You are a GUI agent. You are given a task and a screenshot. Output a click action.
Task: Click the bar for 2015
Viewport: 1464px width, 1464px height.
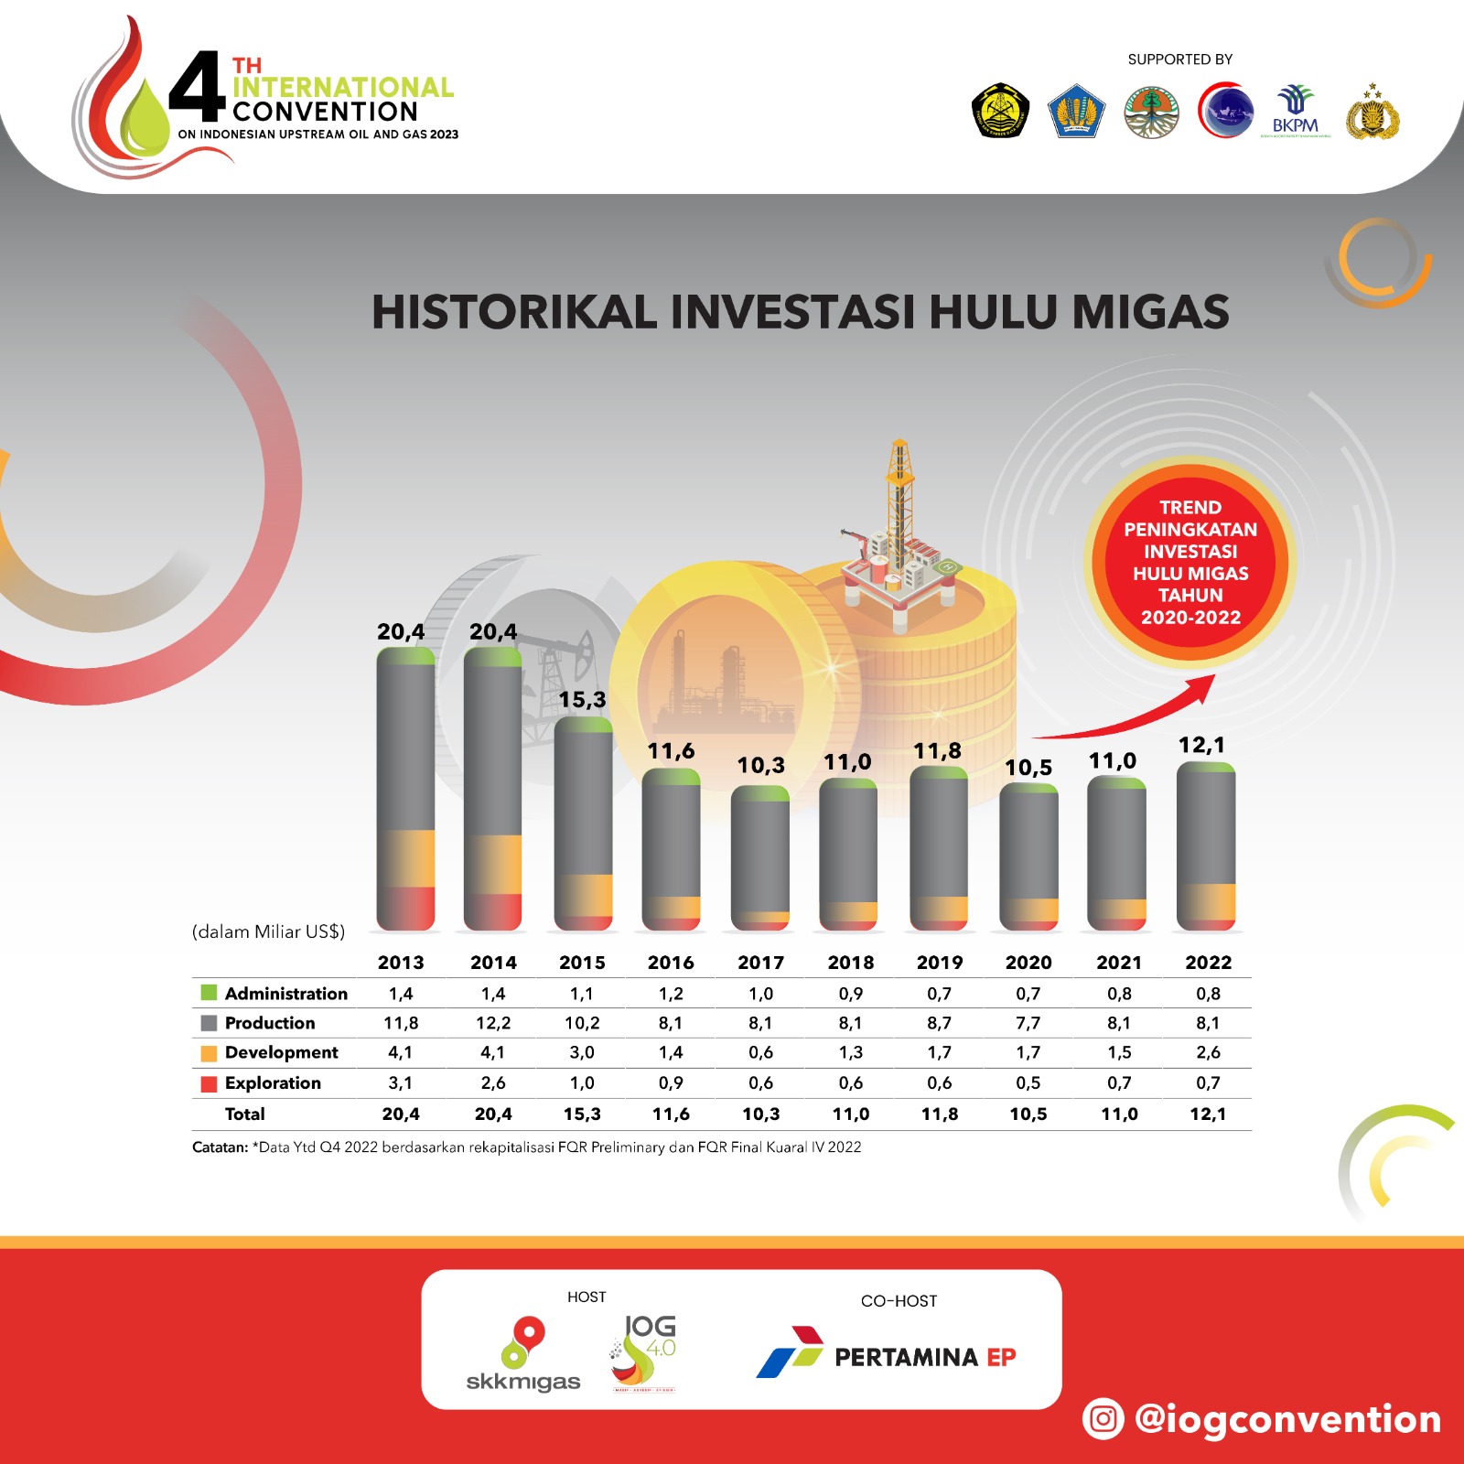coord(583,823)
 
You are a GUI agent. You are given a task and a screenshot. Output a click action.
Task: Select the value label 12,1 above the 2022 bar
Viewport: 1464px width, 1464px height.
coord(1201,745)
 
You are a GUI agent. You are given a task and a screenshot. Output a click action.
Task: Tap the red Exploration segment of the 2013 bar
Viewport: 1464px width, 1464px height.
coord(405,909)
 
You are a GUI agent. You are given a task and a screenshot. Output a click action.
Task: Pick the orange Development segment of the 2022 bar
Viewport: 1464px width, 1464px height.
coord(1206,902)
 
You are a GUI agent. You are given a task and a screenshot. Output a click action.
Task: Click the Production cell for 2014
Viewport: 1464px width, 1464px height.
coord(493,1023)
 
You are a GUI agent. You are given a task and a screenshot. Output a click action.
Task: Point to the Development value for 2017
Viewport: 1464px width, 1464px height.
coord(760,1052)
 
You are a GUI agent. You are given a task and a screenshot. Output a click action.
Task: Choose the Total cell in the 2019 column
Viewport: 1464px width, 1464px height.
coord(940,1114)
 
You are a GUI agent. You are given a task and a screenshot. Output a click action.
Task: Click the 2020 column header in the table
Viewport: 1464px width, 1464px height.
coord(1028,963)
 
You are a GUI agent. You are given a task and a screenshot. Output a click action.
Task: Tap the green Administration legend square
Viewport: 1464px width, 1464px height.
coord(209,993)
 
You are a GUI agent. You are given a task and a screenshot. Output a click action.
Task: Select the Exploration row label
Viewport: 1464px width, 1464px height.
coord(273,1082)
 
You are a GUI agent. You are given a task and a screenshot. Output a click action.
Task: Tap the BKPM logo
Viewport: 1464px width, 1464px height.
coord(1296,111)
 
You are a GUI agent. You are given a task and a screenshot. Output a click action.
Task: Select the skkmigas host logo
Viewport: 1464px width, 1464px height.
coord(523,1354)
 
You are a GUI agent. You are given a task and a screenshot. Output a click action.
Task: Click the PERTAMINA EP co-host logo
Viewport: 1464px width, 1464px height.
coord(886,1354)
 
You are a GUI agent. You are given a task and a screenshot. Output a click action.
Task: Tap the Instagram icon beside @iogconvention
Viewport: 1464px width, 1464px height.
coord(1103,1419)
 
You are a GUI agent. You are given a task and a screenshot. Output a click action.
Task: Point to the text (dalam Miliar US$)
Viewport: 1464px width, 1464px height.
coord(268,931)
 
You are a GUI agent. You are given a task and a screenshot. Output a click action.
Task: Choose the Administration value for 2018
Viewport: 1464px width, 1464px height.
coord(850,994)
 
